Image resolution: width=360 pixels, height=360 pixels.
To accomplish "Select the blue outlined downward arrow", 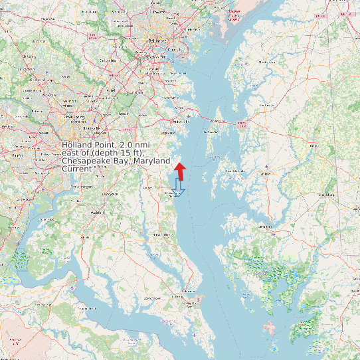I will point(178,187).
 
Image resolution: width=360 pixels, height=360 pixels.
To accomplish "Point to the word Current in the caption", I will point(77,169).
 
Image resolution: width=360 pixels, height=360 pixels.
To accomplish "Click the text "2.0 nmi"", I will point(137,145).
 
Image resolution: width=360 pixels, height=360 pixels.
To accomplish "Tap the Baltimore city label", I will point(157,41).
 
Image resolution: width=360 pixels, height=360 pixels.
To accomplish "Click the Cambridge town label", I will point(265,226).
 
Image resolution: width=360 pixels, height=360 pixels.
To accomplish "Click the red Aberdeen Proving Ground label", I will point(233,15).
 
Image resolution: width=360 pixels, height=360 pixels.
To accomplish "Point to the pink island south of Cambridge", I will point(269,327).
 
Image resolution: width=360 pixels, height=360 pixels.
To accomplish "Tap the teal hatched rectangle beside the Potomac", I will point(22,260).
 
